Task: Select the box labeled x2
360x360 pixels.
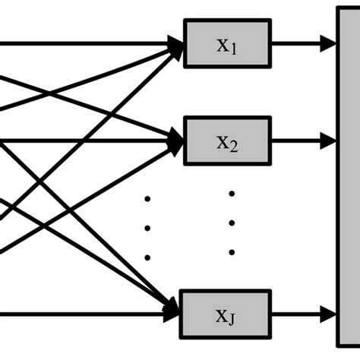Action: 227,141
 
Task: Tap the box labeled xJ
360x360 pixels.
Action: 227,312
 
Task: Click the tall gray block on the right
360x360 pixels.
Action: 348,180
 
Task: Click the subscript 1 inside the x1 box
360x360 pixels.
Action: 234,49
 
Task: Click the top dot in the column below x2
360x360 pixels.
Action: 232,194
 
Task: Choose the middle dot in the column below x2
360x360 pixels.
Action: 232,223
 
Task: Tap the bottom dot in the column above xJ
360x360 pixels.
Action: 232,252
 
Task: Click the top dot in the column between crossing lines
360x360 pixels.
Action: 147,199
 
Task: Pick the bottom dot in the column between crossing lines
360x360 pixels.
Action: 147,257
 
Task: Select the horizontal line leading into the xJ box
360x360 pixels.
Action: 76,312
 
